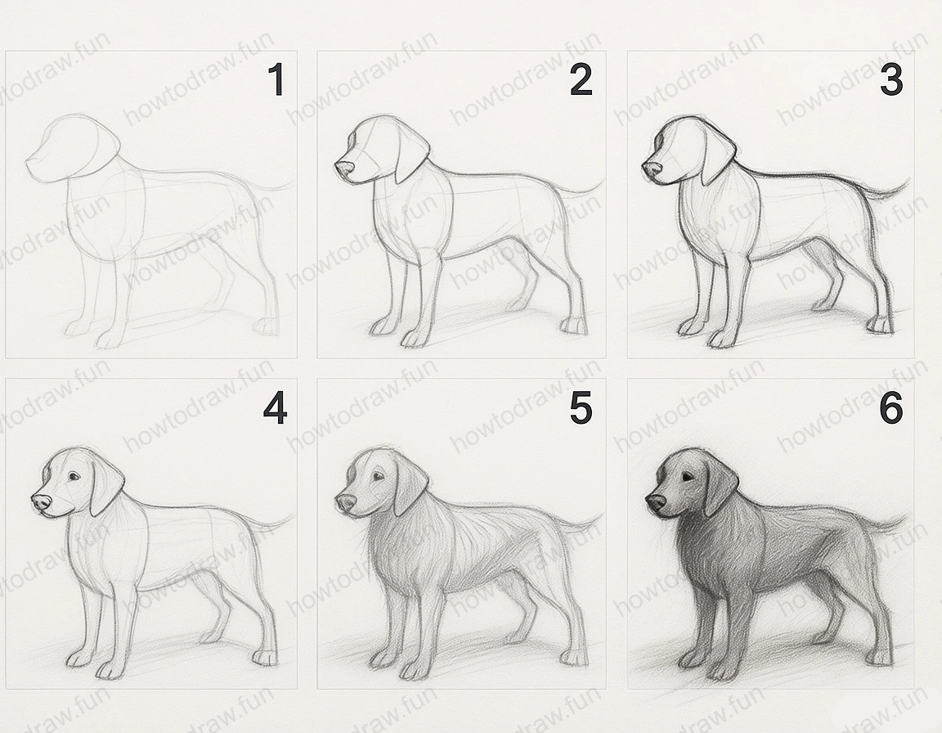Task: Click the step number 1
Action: pos(276,81)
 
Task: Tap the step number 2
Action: pos(581,80)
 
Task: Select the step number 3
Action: pos(890,80)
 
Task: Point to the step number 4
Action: pos(275,408)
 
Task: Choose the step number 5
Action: pos(581,408)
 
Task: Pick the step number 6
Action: pos(890,408)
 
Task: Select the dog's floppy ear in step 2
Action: pos(412,155)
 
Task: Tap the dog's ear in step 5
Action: pos(412,488)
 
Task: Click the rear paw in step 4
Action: pos(264,657)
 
